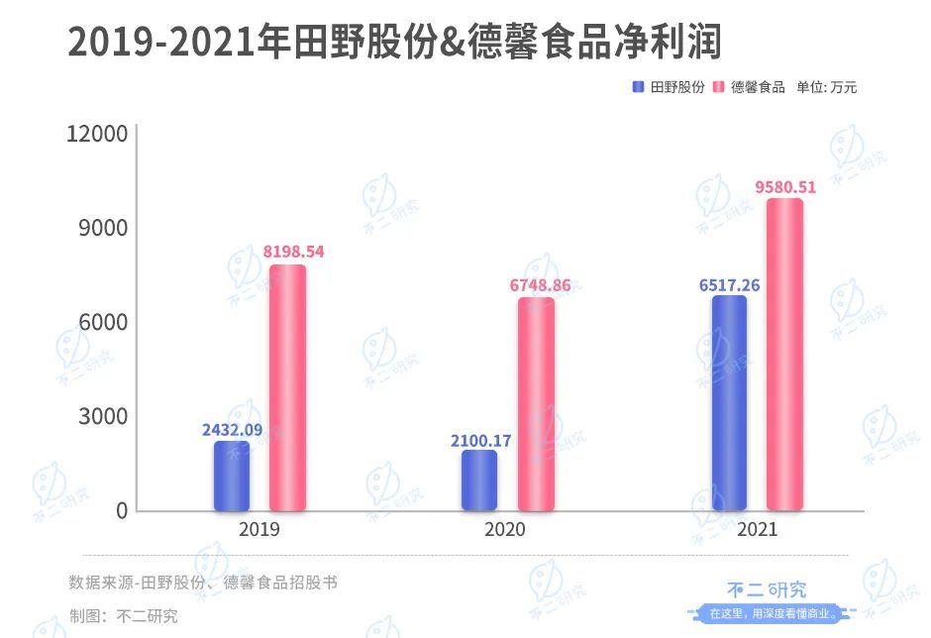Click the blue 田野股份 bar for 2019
[231, 477]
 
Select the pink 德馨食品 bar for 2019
[287, 387]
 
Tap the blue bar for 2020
[479, 480]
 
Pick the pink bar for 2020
[536, 404]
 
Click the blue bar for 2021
[729, 403]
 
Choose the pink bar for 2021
[784, 355]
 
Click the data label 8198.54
[288, 252]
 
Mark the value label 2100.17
[480, 440]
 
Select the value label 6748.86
[539, 285]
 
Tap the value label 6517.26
[729, 285]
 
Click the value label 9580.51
[785, 186]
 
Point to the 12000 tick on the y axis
[97, 135]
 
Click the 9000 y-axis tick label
[102, 229]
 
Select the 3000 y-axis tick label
[102, 416]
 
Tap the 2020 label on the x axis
[505, 530]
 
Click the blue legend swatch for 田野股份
[639, 87]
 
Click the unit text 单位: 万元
[827, 87]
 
